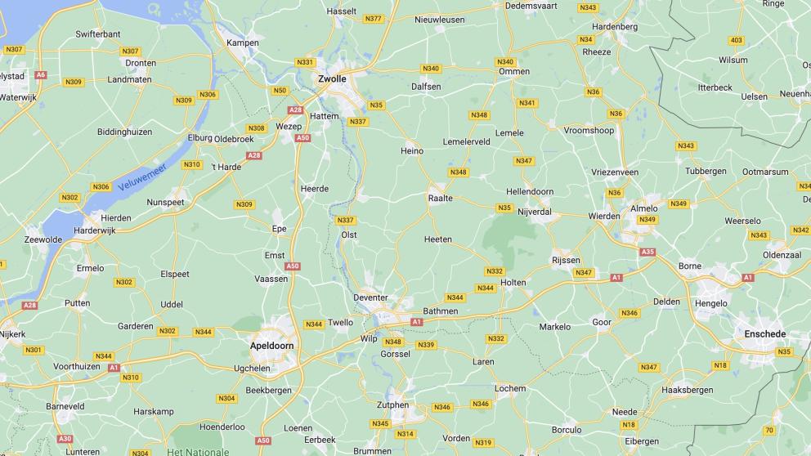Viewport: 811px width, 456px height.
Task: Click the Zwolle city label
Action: click(331, 79)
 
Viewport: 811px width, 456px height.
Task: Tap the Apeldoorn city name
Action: click(271, 346)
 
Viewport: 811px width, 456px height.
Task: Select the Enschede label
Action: click(764, 334)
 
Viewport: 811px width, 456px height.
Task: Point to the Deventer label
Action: click(370, 297)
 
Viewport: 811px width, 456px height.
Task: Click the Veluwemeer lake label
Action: click(141, 177)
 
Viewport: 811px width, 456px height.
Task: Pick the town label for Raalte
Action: click(441, 198)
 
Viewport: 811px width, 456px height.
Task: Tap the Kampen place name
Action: click(243, 42)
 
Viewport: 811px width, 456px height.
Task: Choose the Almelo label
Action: click(644, 208)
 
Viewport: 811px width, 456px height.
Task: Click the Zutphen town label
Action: click(392, 405)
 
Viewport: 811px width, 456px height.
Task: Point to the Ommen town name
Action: click(514, 71)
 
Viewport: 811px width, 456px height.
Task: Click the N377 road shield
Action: click(374, 18)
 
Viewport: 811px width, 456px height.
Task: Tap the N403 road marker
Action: click(737, 40)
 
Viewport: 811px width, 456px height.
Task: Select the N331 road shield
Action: click(305, 62)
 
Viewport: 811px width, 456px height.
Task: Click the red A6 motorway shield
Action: click(41, 74)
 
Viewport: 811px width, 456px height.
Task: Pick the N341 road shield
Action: click(527, 103)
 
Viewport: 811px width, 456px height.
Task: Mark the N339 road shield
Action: click(426, 345)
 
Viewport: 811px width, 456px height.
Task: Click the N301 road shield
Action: click(34, 350)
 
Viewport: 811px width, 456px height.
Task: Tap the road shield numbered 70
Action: click(768, 430)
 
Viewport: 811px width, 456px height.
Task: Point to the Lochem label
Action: click(509, 388)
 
